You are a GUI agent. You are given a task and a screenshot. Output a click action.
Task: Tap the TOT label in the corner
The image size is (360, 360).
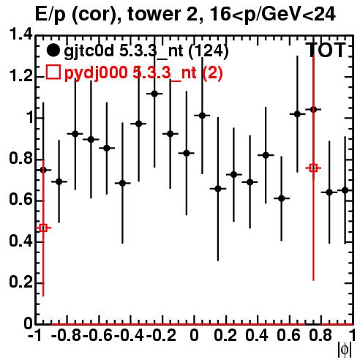click(x=326, y=50)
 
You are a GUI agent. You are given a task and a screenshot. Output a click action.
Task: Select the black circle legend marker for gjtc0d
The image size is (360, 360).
click(x=53, y=50)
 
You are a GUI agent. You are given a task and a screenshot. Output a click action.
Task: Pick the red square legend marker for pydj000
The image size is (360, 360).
click(x=53, y=72)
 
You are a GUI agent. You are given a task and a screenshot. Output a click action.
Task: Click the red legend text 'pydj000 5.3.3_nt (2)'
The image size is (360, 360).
click(x=143, y=73)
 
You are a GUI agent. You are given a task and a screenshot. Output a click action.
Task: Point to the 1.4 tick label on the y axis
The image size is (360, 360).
click(x=20, y=34)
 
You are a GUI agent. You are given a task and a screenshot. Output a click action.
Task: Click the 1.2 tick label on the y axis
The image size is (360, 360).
click(x=20, y=76)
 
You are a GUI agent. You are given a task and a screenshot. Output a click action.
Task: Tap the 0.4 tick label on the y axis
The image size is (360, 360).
click(x=20, y=241)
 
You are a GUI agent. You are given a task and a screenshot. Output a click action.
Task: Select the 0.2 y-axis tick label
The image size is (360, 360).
click(x=20, y=282)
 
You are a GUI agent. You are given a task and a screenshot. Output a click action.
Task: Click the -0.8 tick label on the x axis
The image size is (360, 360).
click(x=67, y=335)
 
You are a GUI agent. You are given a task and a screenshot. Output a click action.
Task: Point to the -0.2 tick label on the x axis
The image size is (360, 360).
click(x=161, y=335)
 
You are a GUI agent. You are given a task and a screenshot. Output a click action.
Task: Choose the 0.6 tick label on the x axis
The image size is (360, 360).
click(x=288, y=335)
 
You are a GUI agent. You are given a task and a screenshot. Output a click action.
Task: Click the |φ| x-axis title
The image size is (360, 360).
click(x=345, y=350)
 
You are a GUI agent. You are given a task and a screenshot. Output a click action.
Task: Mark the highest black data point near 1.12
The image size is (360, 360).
click(x=154, y=94)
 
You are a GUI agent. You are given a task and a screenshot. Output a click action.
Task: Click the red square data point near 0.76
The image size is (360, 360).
click(x=313, y=168)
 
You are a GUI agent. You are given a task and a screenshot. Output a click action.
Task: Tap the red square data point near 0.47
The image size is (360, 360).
click(x=43, y=228)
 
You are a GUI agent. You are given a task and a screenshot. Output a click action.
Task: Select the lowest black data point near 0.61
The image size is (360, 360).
click(x=282, y=198)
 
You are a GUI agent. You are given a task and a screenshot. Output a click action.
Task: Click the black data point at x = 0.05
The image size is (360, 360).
click(x=202, y=116)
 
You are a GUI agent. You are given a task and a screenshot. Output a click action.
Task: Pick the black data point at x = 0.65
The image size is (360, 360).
click(x=297, y=114)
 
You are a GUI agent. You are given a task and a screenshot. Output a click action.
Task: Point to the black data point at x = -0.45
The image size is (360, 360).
click(x=123, y=183)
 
